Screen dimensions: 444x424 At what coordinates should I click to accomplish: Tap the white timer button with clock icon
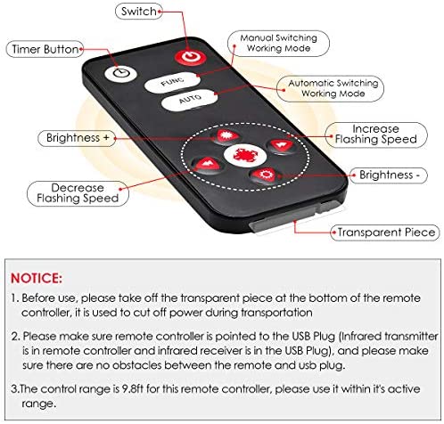tap(120, 73)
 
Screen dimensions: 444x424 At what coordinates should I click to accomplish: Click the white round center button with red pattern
tap(245, 155)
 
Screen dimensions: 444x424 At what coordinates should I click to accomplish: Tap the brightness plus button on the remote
tap(226, 136)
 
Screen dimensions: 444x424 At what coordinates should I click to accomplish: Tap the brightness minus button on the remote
tap(267, 175)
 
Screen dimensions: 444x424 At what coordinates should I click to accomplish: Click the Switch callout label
tap(139, 12)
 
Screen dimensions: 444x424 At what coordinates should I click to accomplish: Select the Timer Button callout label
tap(45, 49)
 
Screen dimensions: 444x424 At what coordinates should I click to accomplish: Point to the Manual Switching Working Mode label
tap(278, 44)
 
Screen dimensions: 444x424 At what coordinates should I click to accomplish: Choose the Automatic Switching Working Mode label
tap(330, 88)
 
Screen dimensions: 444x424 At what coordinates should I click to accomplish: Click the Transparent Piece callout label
tap(385, 232)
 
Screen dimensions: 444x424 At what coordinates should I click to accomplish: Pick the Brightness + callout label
tap(77, 138)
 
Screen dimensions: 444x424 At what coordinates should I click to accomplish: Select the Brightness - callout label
tap(389, 175)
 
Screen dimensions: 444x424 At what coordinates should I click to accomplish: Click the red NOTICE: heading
tap(37, 279)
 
